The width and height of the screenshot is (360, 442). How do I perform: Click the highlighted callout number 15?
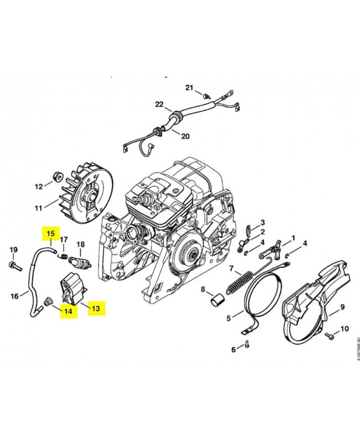click(x=51, y=233)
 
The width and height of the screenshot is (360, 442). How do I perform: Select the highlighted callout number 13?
click(x=95, y=308)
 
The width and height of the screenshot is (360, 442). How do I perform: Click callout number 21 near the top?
click(x=189, y=88)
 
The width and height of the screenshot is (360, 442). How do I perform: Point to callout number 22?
click(x=160, y=104)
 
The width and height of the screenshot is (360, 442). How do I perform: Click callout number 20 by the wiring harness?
click(x=185, y=136)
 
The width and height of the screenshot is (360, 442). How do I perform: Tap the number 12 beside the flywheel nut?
click(x=39, y=186)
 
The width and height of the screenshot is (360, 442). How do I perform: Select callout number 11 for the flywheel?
click(x=38, y=208)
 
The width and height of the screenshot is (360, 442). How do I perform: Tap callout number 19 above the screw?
click(x=13, y=250)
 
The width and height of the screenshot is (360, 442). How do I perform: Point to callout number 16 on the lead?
click(x=15, y=296)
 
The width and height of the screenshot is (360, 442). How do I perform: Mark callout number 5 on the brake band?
click(x=229, y=318)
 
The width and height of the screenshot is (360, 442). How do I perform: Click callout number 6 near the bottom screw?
click(x=234, y=349)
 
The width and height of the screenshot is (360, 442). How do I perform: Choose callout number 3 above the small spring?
click(x=263, y=222)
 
